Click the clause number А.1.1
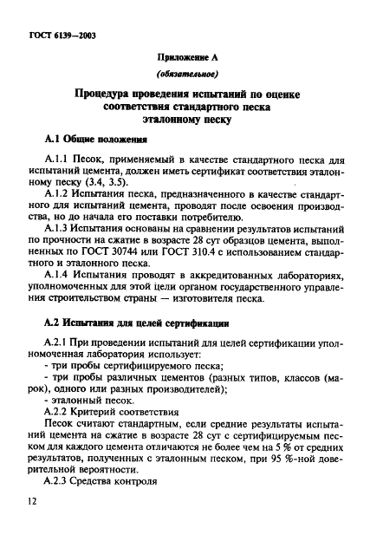(57, 160)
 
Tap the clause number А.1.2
(57, 197)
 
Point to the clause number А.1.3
(57, 236)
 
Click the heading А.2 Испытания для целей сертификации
(136, 348)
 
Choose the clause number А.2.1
(57, 368)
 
